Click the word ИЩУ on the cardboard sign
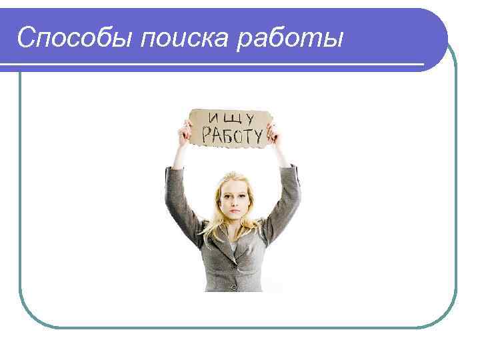pyautogui.click(x=230, y=119)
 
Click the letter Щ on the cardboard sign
pyautogui.click(x=229, y=119)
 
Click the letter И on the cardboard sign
pyautogui.click(x=213, y=119)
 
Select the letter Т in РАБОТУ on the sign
pyautogui.click(x=248, y=135)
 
